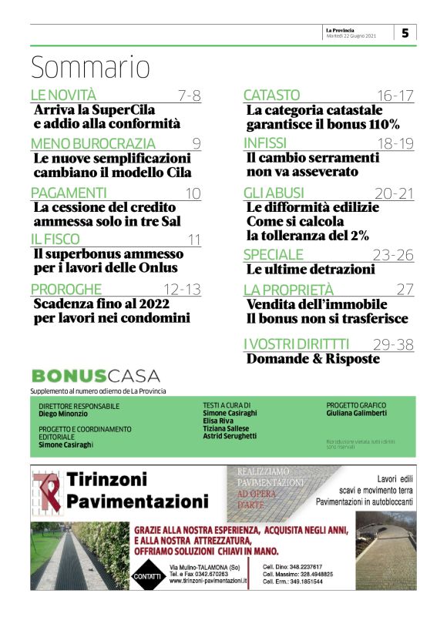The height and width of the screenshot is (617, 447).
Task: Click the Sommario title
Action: pos(90,68)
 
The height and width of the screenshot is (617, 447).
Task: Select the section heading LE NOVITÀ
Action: pos(63,96)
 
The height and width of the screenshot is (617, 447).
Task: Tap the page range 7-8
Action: pos(189,96)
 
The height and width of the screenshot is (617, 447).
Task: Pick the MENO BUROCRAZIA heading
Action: pos(92,143)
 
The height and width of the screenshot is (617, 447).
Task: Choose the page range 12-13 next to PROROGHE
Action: pos(183,290)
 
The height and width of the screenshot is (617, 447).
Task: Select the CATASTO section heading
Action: pos(271,96)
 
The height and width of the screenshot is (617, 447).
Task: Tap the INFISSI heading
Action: pos(265,143)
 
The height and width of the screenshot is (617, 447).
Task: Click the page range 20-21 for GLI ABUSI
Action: pos(395,193)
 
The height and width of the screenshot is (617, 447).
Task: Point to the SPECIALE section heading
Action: pos(274,255)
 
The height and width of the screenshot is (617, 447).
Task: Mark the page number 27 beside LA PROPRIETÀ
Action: pos(405,290)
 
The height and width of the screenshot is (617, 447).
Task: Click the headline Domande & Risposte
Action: pos(313,359)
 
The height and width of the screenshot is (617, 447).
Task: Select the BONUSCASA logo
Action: pos(96,376)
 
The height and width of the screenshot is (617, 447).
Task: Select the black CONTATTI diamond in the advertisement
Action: pos(146,576)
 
